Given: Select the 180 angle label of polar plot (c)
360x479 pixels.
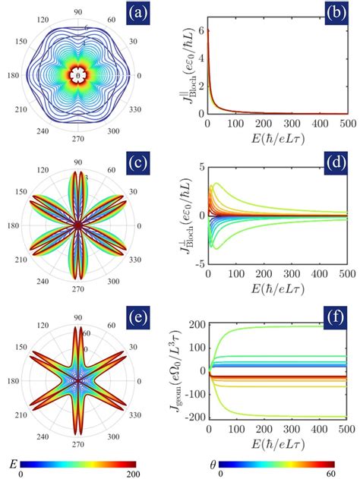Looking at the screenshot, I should point(13,226).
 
